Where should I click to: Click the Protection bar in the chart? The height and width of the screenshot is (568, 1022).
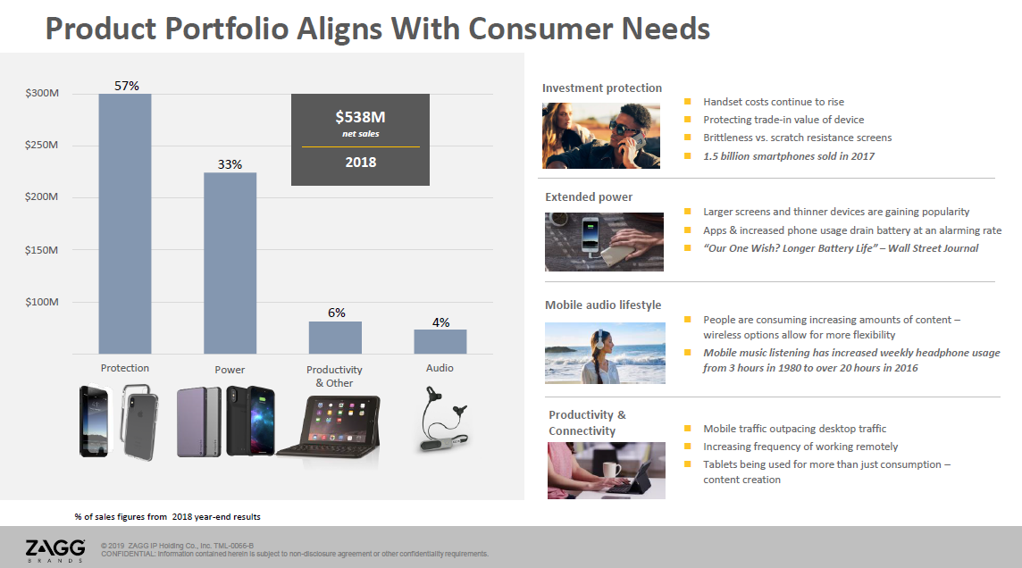pyautogui.click(x=125, y=223)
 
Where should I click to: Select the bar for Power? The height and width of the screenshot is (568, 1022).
pyautogui.click(x=230, y=263)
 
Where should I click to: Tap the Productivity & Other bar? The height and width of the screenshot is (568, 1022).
pyautogui.click(x=335, y=338)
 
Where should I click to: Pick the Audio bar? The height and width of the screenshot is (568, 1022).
pyautogui.click(x=440, y=341)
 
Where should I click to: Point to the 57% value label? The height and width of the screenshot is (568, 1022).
pyautogui.click(x=127, y=86)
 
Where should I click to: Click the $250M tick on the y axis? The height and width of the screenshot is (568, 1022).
pyautogui.click(x=42, y=145)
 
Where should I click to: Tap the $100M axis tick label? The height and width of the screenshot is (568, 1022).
pyautogui.click(x=42, y=302)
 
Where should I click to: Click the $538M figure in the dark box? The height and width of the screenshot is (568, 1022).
pyautogui.click(x=360, y=117)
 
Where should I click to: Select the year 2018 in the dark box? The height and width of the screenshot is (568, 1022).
pyautogui.click(x=360, y=163)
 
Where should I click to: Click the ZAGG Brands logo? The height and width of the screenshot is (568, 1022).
pyautogui.click(x=55, y=550)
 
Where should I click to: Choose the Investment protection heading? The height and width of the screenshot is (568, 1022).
pyautogui.click(x=601, y=88)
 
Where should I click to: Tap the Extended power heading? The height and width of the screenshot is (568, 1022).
pyautogui.click(x=589, y=196)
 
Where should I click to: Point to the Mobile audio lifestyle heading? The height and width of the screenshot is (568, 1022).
pyautogui.click(x=603, y=305)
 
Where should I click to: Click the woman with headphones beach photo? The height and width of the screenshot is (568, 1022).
pyautogui.click(x=605, y=353)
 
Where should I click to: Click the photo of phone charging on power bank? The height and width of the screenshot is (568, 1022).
pyautogui.click(x=604, y=242)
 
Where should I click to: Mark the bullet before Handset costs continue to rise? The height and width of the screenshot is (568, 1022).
pyautogui.click(x=687, y=102)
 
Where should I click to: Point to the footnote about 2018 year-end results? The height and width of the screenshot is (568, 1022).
pyautogui.click(x=168, y=516)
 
